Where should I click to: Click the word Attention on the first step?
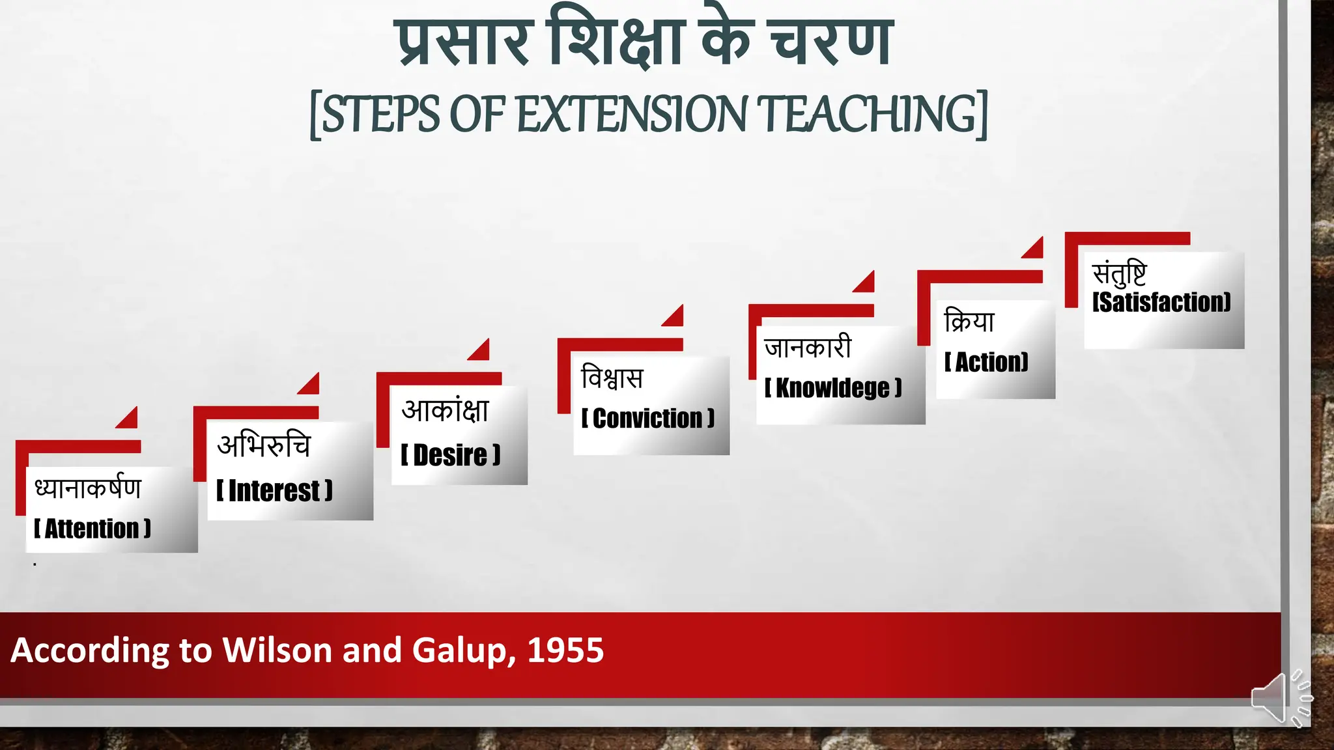click(92, 529)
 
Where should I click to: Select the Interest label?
click(274, 491)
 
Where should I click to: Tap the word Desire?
click(450, 455)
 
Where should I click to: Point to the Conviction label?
click(648, 419)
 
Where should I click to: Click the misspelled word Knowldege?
click(832, 388)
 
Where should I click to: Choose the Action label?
click(987, 362)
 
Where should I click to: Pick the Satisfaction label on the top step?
click(1161, 302)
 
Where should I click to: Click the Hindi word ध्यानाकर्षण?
click(88, 488)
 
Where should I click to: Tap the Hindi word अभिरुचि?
click(264, 445)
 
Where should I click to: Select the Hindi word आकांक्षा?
click(446, 410)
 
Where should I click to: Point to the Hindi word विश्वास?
click(612, 378)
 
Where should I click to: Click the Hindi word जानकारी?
click(808, 347)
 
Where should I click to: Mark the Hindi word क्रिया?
click(969, 321)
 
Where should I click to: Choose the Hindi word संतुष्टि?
click(1119, 273)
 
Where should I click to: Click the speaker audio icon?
click(1279, 698)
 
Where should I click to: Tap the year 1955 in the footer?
click(565, 650)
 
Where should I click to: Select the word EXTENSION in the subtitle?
click(631, 115)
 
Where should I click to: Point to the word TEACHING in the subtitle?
click(868, 115)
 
